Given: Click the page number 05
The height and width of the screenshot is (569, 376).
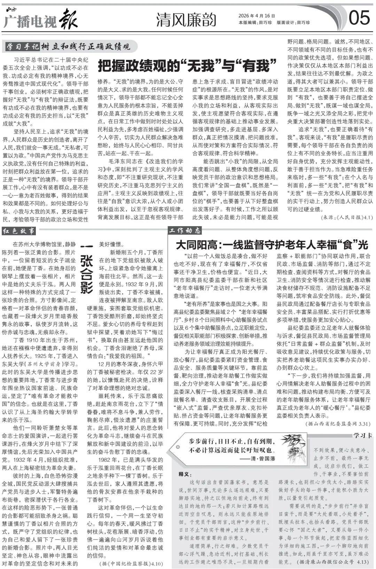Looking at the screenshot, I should [360, 18].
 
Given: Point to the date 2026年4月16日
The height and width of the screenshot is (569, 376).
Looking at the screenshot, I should [257, 16].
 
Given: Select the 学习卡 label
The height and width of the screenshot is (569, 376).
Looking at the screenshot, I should [362, 435].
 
